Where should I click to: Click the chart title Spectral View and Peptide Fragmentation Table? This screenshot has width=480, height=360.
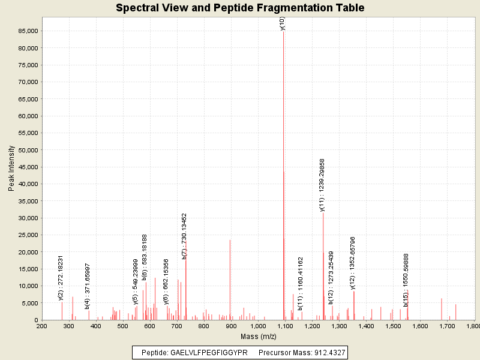point(240,8)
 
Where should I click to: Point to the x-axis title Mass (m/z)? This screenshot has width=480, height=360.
point(257,337)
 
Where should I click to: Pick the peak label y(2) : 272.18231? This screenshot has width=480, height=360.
point(61,277)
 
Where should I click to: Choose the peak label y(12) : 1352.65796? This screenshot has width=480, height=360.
point(353,263)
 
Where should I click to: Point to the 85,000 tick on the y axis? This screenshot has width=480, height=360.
point(28,31)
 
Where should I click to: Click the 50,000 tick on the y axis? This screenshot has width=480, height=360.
point(28,150)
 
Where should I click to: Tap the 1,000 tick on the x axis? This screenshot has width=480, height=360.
point(257,326)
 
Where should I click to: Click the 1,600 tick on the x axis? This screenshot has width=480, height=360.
point(419,326)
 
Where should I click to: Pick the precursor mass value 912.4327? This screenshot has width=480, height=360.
point(328,352)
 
